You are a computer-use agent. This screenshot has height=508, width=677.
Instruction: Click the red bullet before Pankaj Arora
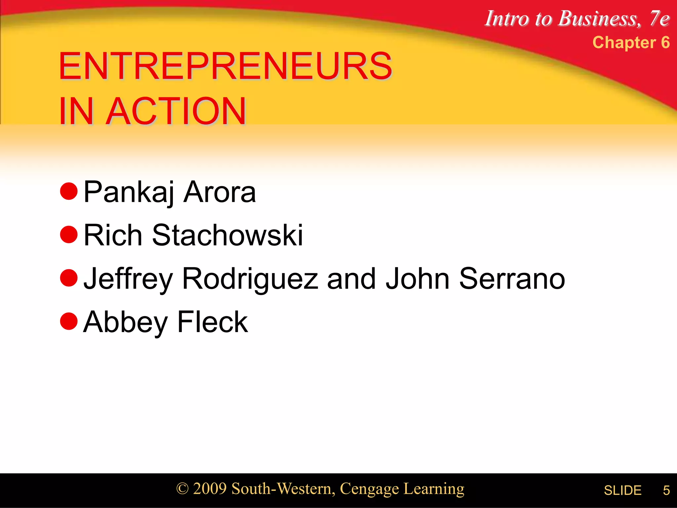pos(69,191)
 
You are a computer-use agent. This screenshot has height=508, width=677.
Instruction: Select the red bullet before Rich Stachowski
pos(69,234)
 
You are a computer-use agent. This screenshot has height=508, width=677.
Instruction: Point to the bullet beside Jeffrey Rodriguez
pos(69,278)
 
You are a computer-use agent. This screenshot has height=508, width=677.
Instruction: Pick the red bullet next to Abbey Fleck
pos(69,321)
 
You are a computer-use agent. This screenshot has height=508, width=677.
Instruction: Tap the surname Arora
pos(219,192)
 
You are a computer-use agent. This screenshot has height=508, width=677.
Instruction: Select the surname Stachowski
pos(227,235)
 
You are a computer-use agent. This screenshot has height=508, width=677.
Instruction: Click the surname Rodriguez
pos(250,279)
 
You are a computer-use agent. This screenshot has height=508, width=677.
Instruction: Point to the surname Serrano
pos(512,278)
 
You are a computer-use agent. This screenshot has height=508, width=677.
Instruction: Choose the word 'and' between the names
pos(351,278)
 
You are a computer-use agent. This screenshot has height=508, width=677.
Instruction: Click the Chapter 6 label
pos(631,43)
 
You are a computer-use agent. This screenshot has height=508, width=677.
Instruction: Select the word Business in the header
pos(599,19)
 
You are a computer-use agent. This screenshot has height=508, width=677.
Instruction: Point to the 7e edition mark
pos(659,19)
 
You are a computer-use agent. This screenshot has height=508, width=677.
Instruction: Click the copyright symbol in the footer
pos(182,489)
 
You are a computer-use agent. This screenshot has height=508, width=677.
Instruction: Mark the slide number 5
pos(666,490)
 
